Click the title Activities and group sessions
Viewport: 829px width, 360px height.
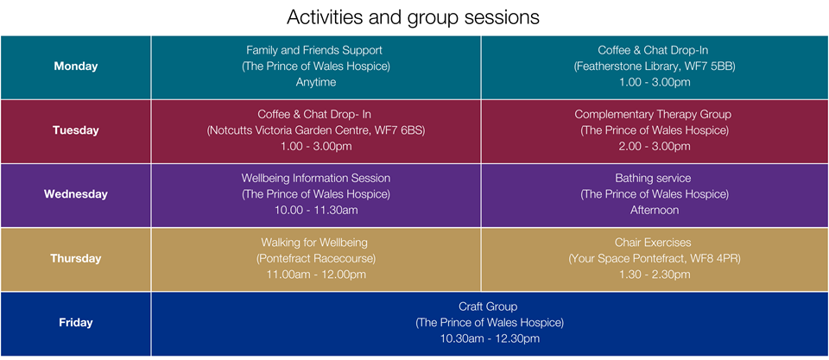click(413, 17)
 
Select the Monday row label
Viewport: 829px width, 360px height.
click(76, 66)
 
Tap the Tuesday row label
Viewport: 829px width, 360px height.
click(76, 130)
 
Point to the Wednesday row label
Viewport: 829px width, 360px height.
click(76, 194)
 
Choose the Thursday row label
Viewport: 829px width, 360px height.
click(76, 258)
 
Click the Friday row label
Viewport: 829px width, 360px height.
click(76, 323)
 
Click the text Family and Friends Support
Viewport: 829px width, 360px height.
click(314, 50)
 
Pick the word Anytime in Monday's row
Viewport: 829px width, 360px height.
click(316, 83)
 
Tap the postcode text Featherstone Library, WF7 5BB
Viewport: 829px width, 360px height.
click(654, 66)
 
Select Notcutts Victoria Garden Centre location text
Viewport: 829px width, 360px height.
click(316, 130)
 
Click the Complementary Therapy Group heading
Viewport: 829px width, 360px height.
click(653, 114)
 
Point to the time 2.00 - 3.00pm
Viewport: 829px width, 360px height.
click(654, 147)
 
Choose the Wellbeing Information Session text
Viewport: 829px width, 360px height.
click(316, 178)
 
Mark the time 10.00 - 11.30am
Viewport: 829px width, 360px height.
click(316, 211)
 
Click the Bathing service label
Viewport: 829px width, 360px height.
click(653, 178)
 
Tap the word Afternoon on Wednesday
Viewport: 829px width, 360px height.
click(654, 211)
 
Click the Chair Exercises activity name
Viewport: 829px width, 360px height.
click(653, 243)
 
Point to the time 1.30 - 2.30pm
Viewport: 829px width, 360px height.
click(654, 275)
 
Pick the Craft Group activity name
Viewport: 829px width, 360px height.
click(488, 306)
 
